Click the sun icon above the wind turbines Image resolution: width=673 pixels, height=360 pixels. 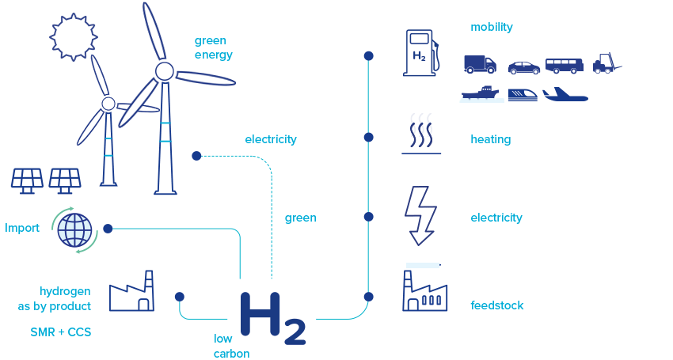click(74, 36)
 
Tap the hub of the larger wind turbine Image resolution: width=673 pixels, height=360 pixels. click(164, 72)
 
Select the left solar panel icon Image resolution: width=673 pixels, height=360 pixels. click(27, 180)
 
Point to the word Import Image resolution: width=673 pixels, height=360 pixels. click(22, 228)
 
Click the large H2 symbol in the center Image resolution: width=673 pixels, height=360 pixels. click(272, 318)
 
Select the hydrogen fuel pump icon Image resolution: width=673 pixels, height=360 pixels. click(420, 53)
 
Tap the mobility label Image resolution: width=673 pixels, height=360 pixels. click(492, 27)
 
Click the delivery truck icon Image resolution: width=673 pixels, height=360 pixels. click(480, 64)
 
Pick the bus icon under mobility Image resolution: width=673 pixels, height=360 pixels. click(565, 66)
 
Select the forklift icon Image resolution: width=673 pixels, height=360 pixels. click(606, 64)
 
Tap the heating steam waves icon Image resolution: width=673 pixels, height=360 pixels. click(420, 133)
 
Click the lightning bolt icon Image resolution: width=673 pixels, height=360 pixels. click(419, 215)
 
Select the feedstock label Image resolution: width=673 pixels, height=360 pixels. click(497, 305)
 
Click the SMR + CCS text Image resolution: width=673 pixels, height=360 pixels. click(61, 332)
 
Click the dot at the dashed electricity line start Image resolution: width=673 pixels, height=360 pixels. click(196, 156)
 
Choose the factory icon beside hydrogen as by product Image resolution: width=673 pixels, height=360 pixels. click(131, 290)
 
